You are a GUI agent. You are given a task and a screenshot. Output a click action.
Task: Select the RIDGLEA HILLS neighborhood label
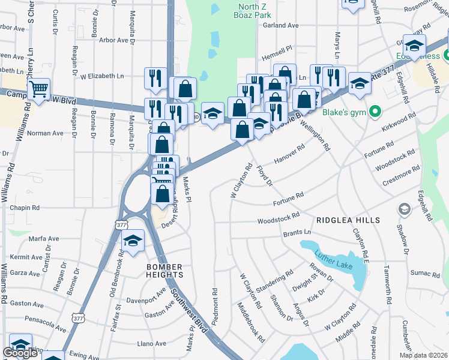tap(348, 221)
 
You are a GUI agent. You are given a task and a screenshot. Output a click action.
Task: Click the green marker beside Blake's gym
tap(376, 112)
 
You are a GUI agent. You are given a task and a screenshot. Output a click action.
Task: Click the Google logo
tap(20, 353)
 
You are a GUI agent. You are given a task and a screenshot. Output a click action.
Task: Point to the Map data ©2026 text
tap(423, 355)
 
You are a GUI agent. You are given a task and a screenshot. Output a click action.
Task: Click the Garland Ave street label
tap(280, 26)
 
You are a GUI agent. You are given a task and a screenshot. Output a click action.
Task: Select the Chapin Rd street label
tap(25, 208)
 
